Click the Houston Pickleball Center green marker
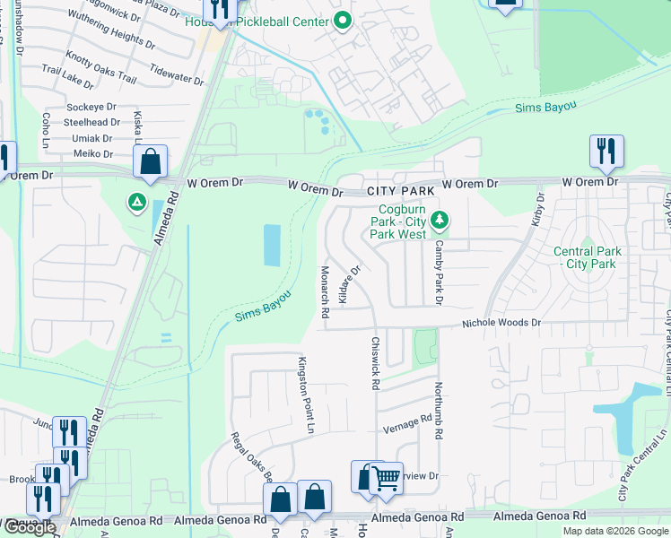[342, 21]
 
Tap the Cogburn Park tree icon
[440, 219]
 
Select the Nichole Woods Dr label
[501, 323]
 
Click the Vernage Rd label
[407, 422]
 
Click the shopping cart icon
[387, 477]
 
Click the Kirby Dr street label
[538, 208]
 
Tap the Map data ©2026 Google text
[614, 531]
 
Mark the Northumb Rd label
[439, 411]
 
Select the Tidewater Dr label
[178, 78]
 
